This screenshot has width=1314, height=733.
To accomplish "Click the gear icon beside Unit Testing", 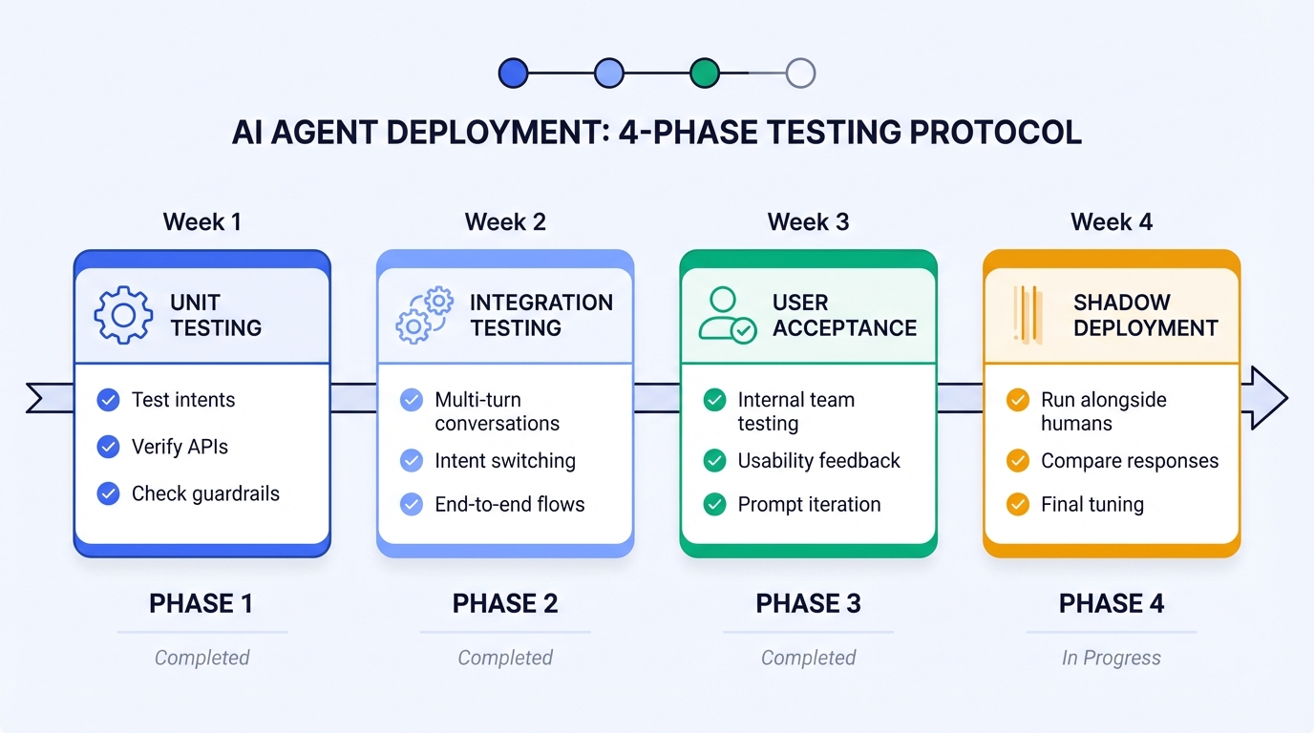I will [123, 315].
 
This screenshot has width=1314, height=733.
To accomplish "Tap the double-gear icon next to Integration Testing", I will [425, 315].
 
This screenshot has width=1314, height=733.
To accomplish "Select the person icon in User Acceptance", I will [727, 315].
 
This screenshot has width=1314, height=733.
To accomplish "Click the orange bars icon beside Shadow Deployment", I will [1028, 315].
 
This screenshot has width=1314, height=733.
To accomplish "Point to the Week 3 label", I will [808, 222].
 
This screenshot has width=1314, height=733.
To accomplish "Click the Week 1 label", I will [201, 222].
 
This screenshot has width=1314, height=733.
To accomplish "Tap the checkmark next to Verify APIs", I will [109, 447].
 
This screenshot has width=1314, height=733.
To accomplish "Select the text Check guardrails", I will [205, 493].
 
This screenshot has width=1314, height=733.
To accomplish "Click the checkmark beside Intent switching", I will [412, 461].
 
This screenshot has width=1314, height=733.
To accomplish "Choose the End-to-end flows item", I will [509, 504].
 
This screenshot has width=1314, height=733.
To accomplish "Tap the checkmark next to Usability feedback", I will [714, 461].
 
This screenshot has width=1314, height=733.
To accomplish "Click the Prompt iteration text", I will [809, 504].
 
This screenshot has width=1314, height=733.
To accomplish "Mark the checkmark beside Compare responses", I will [1018, 461].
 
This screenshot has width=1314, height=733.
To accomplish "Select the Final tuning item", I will [1091, 504].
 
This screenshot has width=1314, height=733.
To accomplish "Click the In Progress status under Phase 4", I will [1112, 658].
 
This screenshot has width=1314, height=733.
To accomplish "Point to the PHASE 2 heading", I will [505, 603].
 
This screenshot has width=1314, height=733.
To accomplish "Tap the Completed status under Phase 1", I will [201, 658].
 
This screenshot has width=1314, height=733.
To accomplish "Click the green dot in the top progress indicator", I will [705, 73].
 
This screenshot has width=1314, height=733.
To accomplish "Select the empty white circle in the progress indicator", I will [800, 73].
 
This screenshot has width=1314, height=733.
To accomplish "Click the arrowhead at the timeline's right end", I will [1265, 398].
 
